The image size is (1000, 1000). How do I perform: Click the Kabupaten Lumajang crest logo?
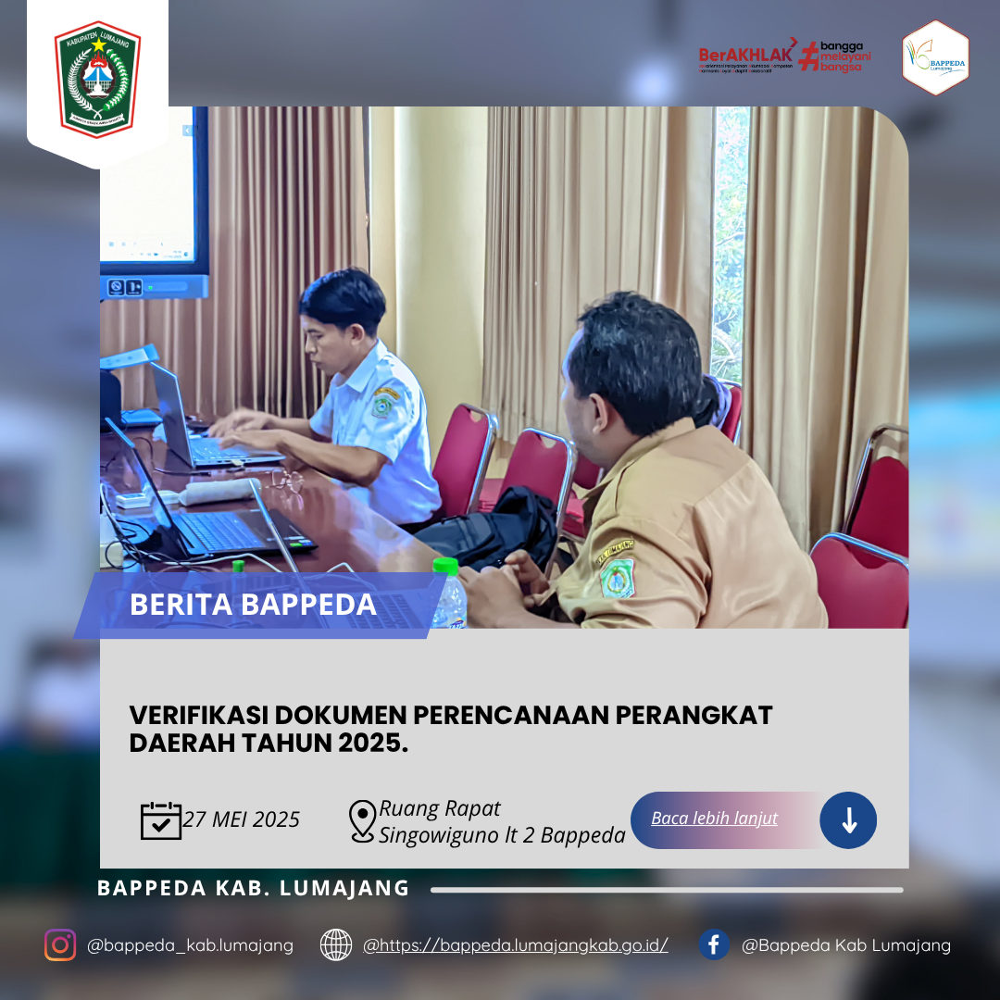pos(97,79)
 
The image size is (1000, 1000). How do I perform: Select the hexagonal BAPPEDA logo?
pos(935,58)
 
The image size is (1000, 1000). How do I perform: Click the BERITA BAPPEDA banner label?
pos(253,605)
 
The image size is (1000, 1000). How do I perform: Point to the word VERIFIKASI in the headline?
pos(196,715)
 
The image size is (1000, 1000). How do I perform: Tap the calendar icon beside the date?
pos(161,820)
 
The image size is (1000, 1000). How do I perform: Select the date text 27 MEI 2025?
pos(242,820)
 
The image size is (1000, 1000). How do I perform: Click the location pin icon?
pos(362,821)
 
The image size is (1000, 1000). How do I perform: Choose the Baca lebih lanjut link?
pos(714,819)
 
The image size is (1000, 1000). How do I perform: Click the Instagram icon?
pos(60,945)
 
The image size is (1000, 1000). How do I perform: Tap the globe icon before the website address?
pos(336,945)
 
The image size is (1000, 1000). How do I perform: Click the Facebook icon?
pos(714,945)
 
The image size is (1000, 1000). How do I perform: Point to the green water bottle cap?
pos(445,565)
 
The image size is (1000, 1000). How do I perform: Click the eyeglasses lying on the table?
pos(290,480)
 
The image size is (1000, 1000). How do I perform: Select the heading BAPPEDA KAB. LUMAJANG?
pos(253,888)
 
